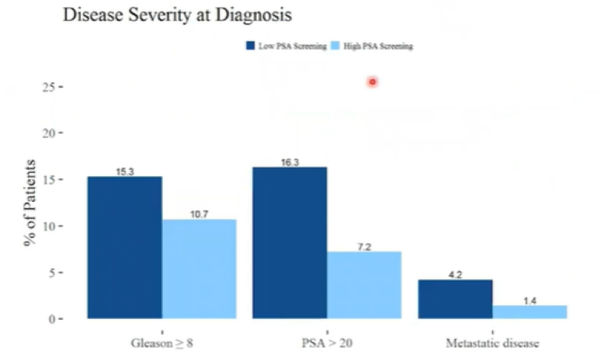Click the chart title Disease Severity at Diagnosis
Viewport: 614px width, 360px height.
[x=178, y=16]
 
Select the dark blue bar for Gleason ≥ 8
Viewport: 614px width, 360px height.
[x=125, y=247]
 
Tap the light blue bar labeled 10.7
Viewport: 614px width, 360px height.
[x=199, y=268]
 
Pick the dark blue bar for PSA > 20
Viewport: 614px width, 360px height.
[x=290, y=243]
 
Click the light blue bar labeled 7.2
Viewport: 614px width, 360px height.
[x=364, y=285]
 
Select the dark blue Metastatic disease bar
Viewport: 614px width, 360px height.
[x=456, y=299]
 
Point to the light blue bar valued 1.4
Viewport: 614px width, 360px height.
[x=530, y=312]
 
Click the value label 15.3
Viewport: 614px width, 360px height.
[x=125, y=171]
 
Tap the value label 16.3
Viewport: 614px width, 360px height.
[x=290, y=162]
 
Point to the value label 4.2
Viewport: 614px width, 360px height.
[x=456, y=275]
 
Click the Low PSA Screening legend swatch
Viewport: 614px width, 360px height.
[x=250, y=46]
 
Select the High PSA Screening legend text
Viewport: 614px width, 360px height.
[x=378, y=47]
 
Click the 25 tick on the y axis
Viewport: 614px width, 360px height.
[x=49, y=87]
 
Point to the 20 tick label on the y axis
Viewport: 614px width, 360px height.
[x=49, y=133]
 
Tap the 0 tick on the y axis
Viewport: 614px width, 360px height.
[x=52, y=320]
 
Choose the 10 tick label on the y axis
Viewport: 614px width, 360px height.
[x=49, y=227]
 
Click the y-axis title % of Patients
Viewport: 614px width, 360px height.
[x=29, y=202]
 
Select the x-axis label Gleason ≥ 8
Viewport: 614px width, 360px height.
[x=161, y=343]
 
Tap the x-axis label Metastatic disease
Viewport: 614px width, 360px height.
[x=492, y=343]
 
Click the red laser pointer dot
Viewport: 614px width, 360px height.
[x=373, y=81]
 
